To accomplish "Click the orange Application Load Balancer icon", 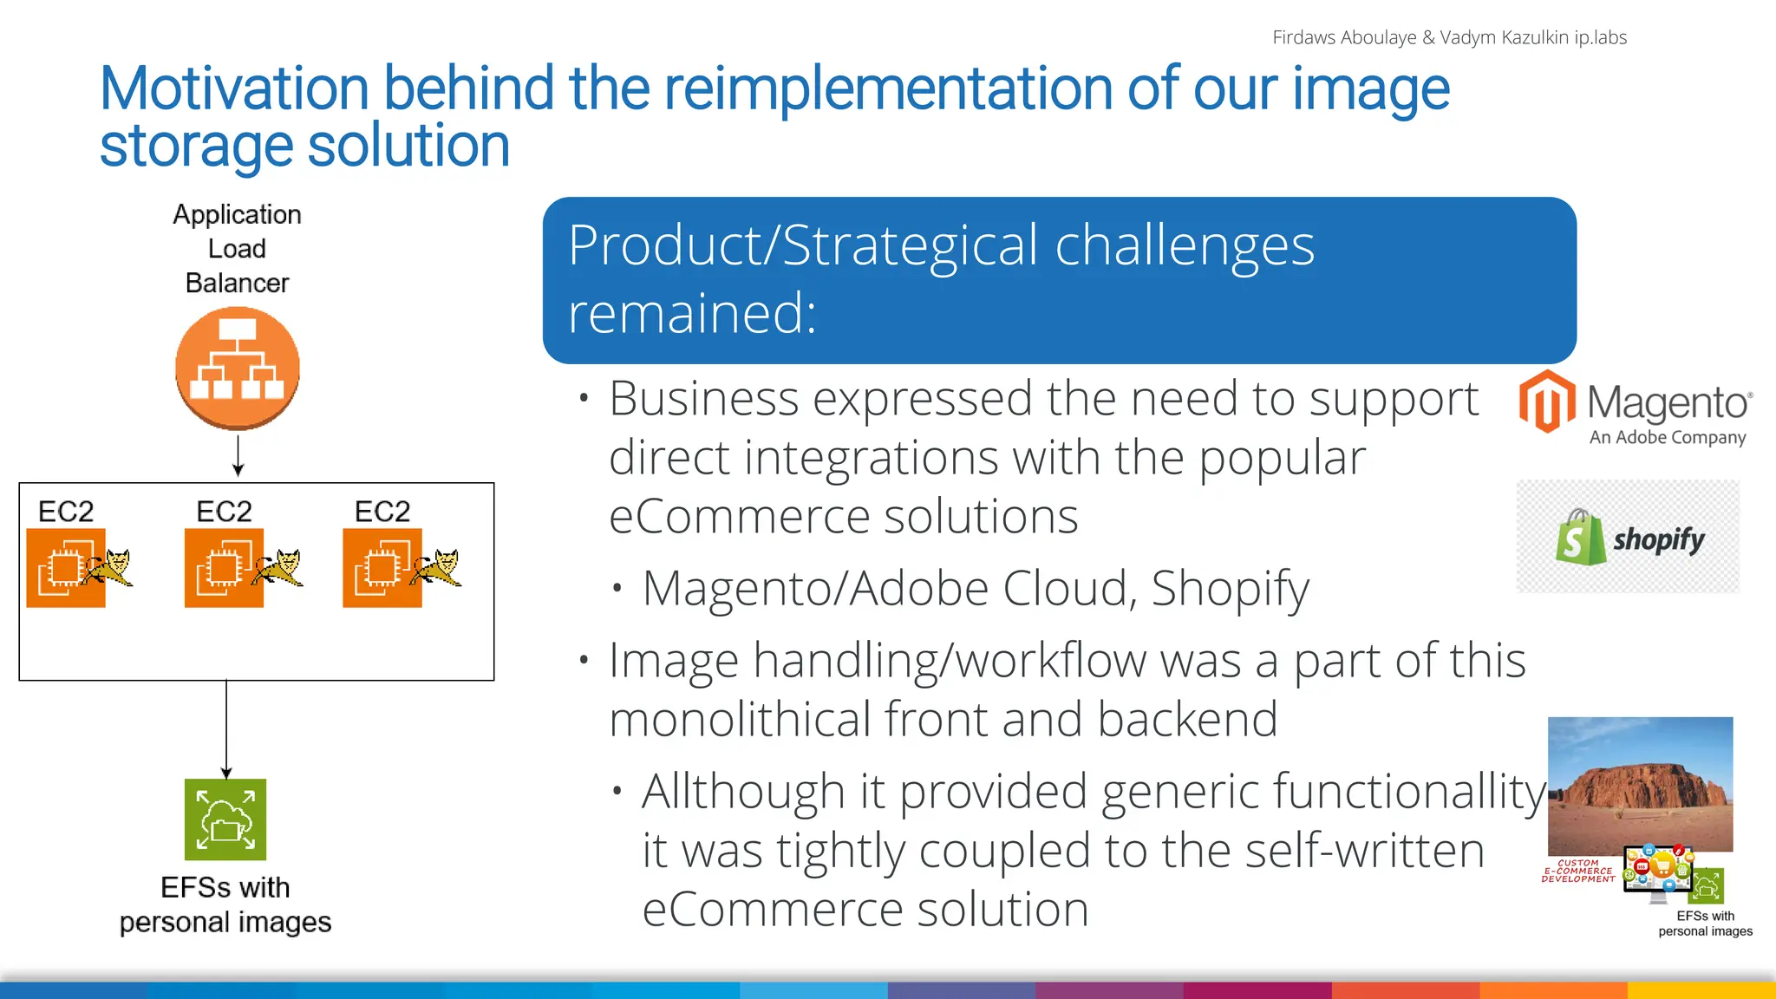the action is tap(238, 369).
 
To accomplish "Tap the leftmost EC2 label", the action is tap(66, 512).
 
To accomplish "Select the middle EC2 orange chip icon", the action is tap(224, 568).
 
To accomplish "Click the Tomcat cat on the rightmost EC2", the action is tap(439, 568).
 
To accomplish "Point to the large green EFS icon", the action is tap(225, 819).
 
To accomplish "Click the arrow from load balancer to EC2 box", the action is tap(238, 455).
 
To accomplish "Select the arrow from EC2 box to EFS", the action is tap(226, 729).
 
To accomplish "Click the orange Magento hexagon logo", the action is tap(1547, 401).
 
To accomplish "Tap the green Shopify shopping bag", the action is tap(1581, 538).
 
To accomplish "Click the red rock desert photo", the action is tap(1641, 785).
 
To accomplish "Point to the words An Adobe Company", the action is tap(1668, 438).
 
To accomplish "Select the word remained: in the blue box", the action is tap(692, 312).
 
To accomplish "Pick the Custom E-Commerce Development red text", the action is tap(1578, 871).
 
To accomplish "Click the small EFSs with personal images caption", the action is tap(1706, 924).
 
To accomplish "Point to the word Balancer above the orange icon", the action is tap(238, 283).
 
